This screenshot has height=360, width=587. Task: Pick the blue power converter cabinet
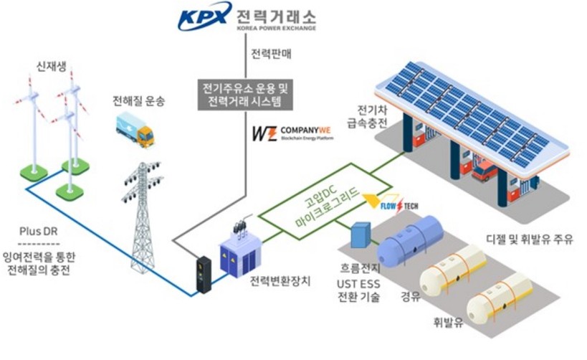[240, 253]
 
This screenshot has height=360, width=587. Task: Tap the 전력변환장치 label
[282, 281]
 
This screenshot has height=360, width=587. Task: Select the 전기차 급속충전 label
[373, 118]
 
